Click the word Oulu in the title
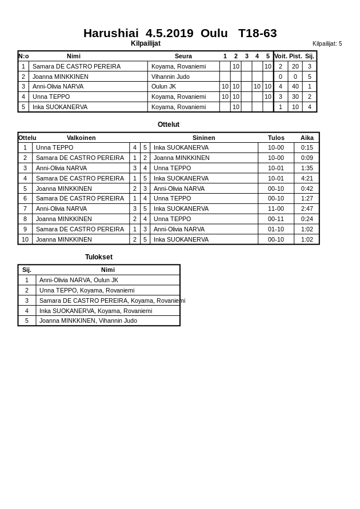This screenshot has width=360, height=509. pos(214,33)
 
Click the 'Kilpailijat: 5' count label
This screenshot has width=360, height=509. pos(327,43)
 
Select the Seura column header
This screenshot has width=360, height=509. pos(183,56)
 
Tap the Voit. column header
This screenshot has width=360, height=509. pos(281,56)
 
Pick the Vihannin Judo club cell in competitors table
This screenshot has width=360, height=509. pos(170,77)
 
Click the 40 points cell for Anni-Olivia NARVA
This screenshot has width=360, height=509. pos(295,86)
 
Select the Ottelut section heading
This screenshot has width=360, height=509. pos(169,125)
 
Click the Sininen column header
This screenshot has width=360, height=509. pos(203,138)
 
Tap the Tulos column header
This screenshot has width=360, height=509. pos(276,138)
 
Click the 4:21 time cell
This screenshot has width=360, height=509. pos(307,178)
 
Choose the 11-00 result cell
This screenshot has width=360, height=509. pos(276,209)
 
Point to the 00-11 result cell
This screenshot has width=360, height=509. pos(276,219)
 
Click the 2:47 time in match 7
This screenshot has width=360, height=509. pos(307,209)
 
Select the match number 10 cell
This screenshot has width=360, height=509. pos(25,239)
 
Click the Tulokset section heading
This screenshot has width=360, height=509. pos(99,257)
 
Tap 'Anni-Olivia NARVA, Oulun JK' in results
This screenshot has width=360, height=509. pos(79,280)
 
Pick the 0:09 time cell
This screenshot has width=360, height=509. pos(307,158)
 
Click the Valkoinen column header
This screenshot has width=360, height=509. pos(81,138)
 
